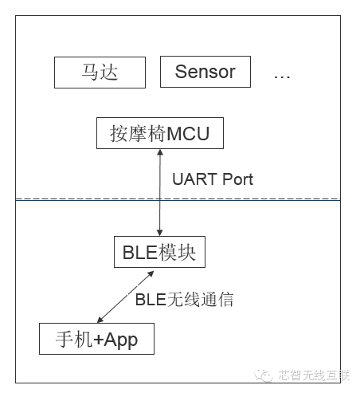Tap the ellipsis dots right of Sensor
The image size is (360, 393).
click(282, 77)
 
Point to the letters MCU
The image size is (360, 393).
click(188, 133)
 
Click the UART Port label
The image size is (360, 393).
click(213, 179)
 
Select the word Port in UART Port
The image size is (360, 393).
click(237, 179)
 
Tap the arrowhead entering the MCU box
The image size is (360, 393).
click(160, 152)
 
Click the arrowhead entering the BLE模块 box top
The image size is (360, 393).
click(159, 233)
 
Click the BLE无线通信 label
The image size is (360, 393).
click(184, 300)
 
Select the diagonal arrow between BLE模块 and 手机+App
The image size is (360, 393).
click(126, 297)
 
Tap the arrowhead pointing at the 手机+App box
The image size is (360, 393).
click(100, 320)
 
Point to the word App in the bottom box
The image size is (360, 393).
click(121, 340)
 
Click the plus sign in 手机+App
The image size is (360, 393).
click(98, 340)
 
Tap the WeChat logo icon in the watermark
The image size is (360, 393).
click(264, 375)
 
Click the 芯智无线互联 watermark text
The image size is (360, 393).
click(314, 375)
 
